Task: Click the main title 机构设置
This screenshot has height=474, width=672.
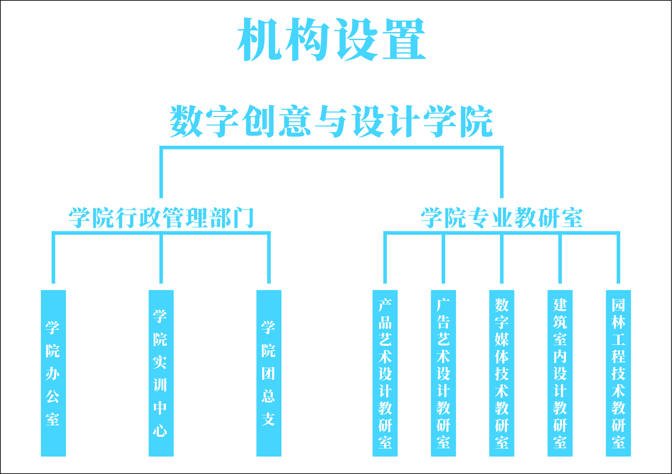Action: coord(331,39)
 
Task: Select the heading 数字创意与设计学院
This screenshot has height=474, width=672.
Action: coord(331,121)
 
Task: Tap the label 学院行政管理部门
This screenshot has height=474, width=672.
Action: coord(161,218)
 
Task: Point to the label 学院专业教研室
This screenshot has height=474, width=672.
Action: coord(502,218)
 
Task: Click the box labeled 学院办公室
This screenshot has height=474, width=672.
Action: coord(53,374)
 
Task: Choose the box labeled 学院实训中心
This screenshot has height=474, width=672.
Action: coord(161,374)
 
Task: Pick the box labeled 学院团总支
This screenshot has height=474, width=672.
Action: coord(269,374)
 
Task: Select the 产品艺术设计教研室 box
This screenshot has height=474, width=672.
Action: coord(385,374)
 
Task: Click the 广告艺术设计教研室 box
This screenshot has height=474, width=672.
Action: coord(443,374)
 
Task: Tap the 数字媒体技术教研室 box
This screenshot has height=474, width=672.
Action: coord(502,374)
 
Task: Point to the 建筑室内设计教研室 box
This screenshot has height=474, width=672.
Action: coord(560,374)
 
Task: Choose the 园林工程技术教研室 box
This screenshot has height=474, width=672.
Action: coord(618,374)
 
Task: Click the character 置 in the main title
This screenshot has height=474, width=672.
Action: coord(404,39)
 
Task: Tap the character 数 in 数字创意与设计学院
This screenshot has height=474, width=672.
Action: coord(186,121)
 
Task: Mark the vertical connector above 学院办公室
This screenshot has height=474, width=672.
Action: coord(53,259)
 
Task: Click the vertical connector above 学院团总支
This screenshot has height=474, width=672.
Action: coord(269,259)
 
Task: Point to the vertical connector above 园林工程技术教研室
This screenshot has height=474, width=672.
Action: coord(618,259)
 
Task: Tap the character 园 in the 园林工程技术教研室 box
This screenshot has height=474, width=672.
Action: coord(618,305)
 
